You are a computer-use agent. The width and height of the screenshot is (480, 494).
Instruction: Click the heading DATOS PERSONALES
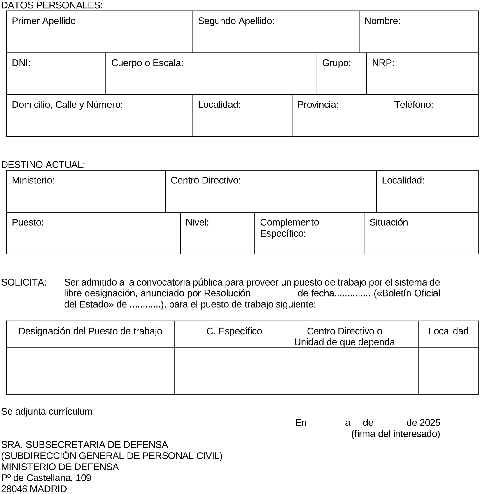pyautogui.click(x=52, y=5)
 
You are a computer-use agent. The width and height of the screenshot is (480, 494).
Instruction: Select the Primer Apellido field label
pyautogui.click(x=44, y=21)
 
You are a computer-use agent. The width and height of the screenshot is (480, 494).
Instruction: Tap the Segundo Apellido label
pyautogui.click(x=236, y=21)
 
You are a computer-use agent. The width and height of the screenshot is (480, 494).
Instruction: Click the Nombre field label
pyautogui.click(x=382, y=21)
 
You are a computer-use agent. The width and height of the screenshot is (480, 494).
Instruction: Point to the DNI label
pyautogui.click(x=21, y=63)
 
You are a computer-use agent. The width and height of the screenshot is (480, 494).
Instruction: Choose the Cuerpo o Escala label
pyautogui.click(x=147, y=63)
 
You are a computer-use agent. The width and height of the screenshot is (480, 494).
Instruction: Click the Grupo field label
pyautogui.click(x=336, y=63)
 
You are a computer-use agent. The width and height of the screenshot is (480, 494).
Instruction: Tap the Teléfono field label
pyautogui.click(x=413, y=105)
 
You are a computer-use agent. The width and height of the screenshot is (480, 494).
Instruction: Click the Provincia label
pyautogui.click(x=318, y=105)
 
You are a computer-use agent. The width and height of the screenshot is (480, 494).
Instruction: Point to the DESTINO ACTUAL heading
pyautogui.click(x=43, y=165)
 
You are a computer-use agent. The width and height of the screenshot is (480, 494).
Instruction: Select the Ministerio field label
pyautogui.click(x=33, y=180)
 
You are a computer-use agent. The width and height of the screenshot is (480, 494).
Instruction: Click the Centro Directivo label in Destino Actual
pyautogui.click(x=205, y=180)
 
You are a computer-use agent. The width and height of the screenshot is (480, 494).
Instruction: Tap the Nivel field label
pyautogui.click(x=197, y=222)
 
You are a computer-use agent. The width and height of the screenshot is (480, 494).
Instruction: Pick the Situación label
pyautogui.click(x=388, y=222)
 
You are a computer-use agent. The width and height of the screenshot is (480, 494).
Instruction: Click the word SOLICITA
pyautogui.click(x=24, y=282)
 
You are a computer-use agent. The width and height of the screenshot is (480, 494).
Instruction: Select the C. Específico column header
pyautogui.click(x=234, y=331)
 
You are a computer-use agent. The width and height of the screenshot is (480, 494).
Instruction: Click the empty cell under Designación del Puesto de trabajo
pyautogui.click(x=90, y=370)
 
